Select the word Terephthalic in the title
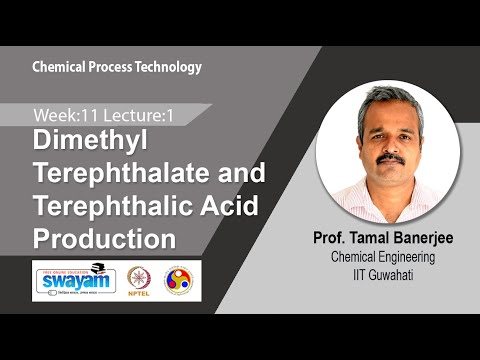(112, 207)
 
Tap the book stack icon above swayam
(97, 267)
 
